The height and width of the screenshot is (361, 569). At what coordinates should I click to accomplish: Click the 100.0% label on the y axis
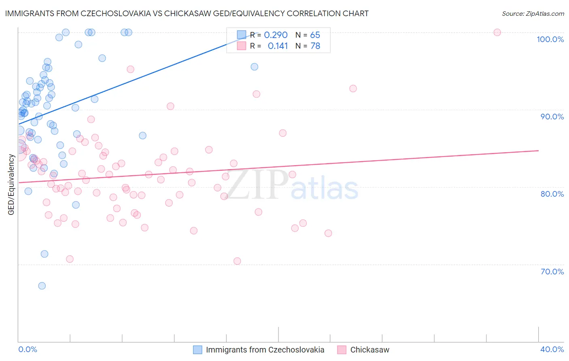click(550, 39)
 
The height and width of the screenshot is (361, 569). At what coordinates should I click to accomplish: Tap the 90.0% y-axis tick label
click(552, 117)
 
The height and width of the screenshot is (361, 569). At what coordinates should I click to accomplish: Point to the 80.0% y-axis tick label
click(552, 194)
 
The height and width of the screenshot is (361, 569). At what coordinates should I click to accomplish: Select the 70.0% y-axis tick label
click(552, 271)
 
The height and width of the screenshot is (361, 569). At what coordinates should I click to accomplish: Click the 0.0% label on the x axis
click(28, 349)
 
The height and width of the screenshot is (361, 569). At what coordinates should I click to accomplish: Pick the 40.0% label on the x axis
click(552, 349)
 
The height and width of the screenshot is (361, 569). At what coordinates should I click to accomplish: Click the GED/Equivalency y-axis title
click(11, 185)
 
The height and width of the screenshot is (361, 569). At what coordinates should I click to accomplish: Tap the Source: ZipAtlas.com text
click(533, 14)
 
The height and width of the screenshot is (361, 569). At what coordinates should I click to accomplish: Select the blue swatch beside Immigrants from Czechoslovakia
click(197, 350)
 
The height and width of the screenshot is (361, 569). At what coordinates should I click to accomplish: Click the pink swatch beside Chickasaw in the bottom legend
click(342, 350)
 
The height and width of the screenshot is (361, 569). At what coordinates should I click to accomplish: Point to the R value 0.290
click(276, 35)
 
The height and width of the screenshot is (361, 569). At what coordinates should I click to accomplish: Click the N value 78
click(315, 46)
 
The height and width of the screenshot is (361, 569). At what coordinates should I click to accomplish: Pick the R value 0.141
click(278, 46)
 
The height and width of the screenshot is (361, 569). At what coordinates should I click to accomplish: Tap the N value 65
click(315, 35)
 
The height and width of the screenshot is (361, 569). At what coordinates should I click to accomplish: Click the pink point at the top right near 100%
click(497, 32)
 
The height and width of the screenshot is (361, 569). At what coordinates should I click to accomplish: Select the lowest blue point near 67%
click(42, 286)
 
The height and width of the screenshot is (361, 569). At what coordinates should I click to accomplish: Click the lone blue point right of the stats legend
click(254, 67)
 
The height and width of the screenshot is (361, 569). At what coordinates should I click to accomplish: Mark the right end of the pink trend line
click(538, 151)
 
